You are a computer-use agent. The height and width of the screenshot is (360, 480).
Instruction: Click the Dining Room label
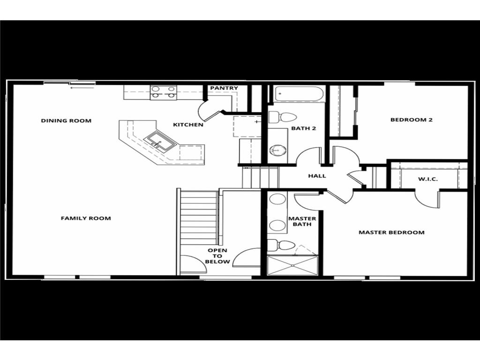tap(66, 120)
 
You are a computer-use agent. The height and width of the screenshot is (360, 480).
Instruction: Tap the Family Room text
tap(86, 218)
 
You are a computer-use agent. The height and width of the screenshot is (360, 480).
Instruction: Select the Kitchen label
tap(188, 125)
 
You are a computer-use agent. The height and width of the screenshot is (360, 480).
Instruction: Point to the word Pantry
tap(224, 88)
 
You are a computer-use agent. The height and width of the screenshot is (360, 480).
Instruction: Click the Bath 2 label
tap(304, 128)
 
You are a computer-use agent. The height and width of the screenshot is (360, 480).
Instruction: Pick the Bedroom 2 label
tap(411, 120)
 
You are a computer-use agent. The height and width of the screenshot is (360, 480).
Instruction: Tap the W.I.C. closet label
tap(427, 179)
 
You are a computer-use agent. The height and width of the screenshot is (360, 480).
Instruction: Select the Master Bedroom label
tap(391, 232)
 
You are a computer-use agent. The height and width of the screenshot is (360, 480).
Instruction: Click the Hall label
tap(317, 176)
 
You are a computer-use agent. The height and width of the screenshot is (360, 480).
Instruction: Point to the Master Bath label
tap(302, 222)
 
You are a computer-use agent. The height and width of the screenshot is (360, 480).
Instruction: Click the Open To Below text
tap(218, 256)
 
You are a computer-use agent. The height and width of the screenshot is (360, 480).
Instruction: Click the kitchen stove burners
tap(163, 92)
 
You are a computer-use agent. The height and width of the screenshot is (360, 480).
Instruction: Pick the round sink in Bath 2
tap(277, 150)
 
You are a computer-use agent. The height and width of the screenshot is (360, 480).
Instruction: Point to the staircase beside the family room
tap(199, 217)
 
